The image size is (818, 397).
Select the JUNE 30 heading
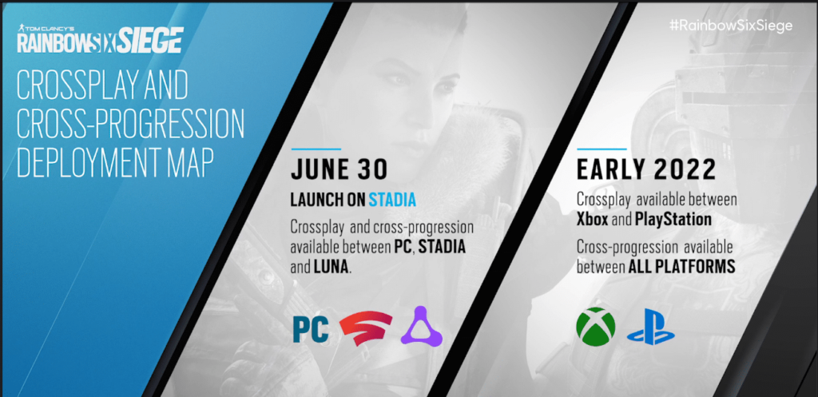[x=339, y=170]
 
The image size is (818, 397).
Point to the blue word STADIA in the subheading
[x=392, y=200]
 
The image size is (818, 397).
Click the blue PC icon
[x=311, y=330]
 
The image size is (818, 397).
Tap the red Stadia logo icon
[x=366, y=328]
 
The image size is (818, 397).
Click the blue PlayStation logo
[x=650, y=326]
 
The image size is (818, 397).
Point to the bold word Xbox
[x=593, y=219]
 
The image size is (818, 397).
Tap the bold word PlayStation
[x=673, y=220]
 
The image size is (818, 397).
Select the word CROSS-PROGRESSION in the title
[x=130, y=125]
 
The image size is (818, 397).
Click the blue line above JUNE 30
[x=316, y=149]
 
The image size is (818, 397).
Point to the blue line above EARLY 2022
[x=602, y=149]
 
